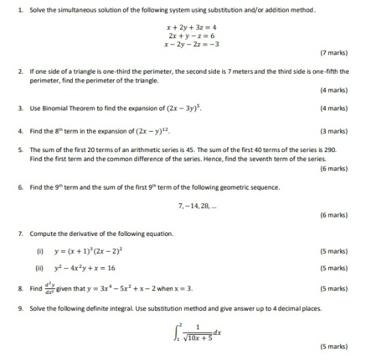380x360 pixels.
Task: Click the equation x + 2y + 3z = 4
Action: pos(187,27)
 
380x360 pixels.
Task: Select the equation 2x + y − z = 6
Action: pos(187,35)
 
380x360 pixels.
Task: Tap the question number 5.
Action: pos(20,149)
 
